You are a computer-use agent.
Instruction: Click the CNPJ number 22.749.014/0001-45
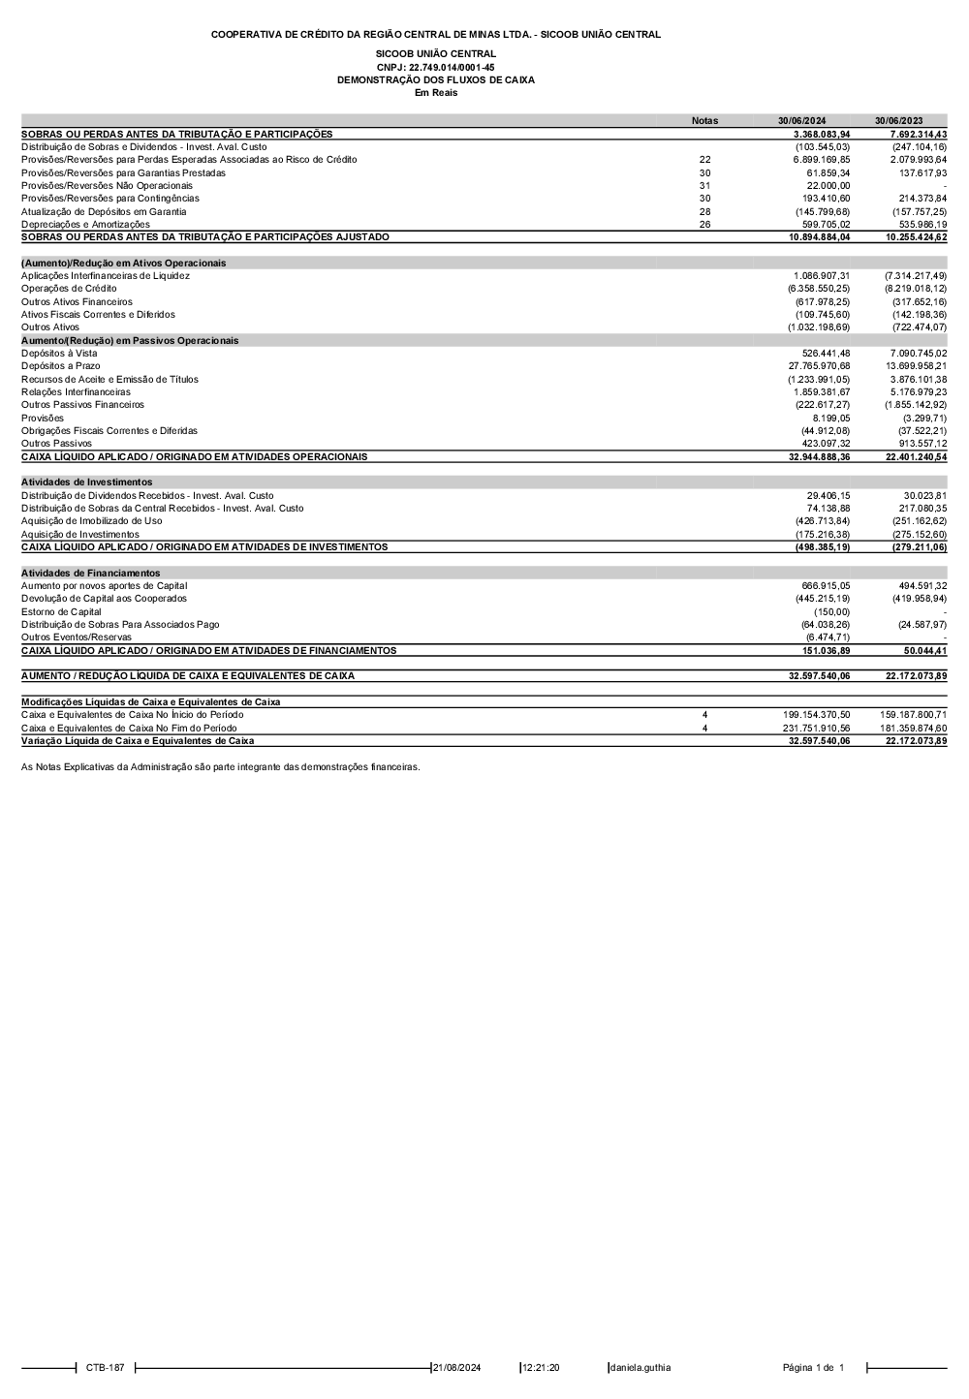click(x=435, y=67)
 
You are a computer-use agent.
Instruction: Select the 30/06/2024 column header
click(x=801, y=121)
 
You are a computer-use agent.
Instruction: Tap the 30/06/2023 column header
click(x=898, y=121)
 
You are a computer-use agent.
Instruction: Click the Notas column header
click(x=704, y=121)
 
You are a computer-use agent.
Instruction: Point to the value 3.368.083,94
click(x=821, y=134)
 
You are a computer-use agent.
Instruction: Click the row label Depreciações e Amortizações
click(x=85, y=224)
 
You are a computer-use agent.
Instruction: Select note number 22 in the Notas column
click(x=704, y=160)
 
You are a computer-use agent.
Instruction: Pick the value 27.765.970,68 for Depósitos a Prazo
click(x=819, y=366)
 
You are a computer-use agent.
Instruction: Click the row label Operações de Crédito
click(x=69, y=289)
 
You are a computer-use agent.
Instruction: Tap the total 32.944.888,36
click(x=819, y=456)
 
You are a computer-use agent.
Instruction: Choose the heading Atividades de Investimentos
click(x=86, y=482)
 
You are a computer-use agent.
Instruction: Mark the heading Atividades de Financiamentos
click(x=90, y=573)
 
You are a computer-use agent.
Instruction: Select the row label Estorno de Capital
click(x=61, y=612)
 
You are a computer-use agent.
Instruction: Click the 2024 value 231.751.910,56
click(x=816, y=728)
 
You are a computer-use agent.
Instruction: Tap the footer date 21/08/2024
click(x=456, y=1368)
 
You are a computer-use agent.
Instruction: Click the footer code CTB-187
click(x=105, y=1368)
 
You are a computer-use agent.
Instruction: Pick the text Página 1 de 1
click(x=813, y=1368)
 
